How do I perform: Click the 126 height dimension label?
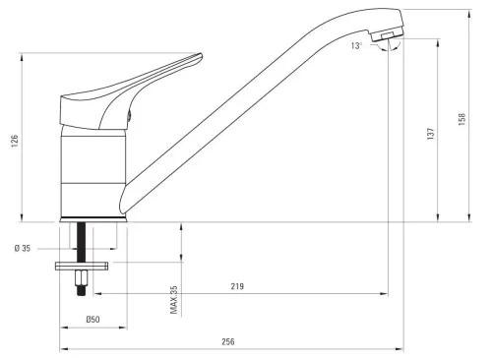(15, 141)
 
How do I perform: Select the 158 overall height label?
(461, 119)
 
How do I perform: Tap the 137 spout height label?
(431, 134)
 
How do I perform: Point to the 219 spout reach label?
(237, 286)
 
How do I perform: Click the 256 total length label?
(228, 341)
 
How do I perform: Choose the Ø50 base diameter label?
(92, 319)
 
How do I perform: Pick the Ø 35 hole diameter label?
(23, 248)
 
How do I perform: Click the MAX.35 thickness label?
(174, 300)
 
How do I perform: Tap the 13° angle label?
(356, 46)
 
